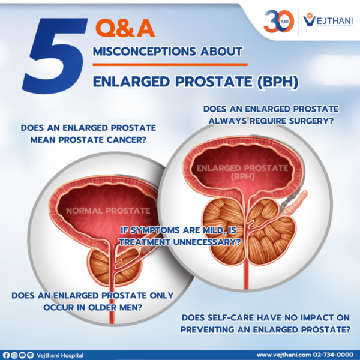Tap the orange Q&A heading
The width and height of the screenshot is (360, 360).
pos(124,28)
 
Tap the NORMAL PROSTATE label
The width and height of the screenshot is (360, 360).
pos(107,211)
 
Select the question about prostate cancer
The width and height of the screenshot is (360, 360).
pos(88,134)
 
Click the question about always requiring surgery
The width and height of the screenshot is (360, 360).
pos(270,115)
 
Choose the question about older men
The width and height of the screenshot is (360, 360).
pos(93,301)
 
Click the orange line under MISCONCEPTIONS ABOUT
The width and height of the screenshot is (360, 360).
pos(170,64)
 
